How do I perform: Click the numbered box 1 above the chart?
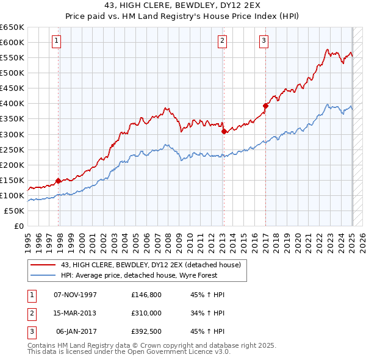coord(56,41)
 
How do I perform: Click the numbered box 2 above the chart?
coord(222,41)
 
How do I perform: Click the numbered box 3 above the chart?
coord(264,41)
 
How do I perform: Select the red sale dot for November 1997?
coord(58,181)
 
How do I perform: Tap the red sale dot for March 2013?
coord(224,131)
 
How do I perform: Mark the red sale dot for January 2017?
coord(265,106)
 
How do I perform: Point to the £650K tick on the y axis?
coord(12,27)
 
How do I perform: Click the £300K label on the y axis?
coord(12,134)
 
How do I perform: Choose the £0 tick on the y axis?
coord(19,226)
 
